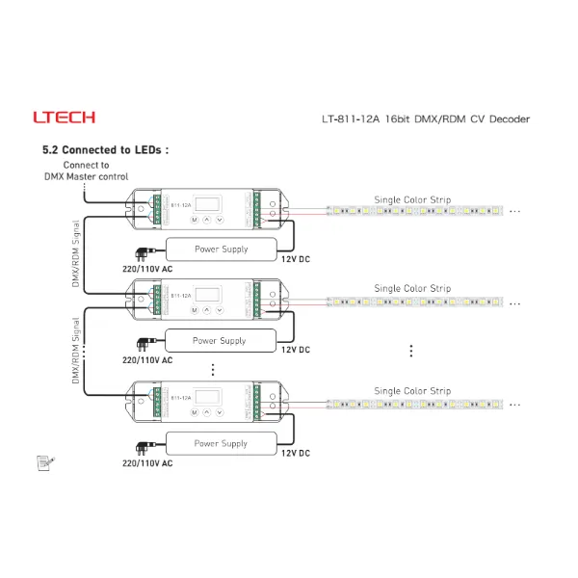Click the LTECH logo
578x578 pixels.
[x=64, y=118]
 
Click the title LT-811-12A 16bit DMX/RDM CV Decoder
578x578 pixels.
[x=425, y=119]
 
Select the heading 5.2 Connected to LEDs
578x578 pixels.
[x=106, y=150]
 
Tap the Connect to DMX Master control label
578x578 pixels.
[x=86, y=171]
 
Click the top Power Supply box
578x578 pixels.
[x=221, y=249]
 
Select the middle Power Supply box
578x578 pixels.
[x=219, y=340]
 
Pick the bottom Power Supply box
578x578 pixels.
[x=221, y=443]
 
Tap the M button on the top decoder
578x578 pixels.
[x=195, y=221]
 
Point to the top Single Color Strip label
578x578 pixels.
[x=412, y=199]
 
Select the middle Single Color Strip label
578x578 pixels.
[x=412, y=288]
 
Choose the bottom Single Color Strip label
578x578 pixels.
[x=412, y=391]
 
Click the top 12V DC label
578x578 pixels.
[x=295, y=260]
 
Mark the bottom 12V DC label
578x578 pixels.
[x=295, y=453]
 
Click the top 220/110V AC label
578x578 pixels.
[x=147, y=269]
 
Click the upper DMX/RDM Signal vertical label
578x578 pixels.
[x=76, y=252]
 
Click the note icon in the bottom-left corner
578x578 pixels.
[x=44, y=462]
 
